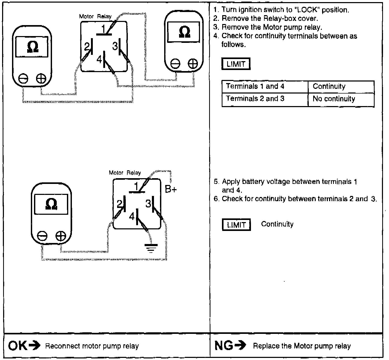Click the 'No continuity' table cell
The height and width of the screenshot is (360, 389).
pyautogui.click(x=334, y=99)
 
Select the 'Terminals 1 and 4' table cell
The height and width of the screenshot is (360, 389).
pyautogui.click(x=255, y=86)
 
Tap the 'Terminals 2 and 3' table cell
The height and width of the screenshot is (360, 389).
pyautogui.click(x=255, y=99)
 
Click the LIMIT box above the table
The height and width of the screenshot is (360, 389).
pyautogui.click(x=236, y=64)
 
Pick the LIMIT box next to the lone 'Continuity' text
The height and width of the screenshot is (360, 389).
pyautogui.click(x=236, y=225)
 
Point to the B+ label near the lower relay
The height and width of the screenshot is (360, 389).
pyautogui.click(x=171, y=189)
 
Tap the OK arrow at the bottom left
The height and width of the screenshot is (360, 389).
pyautogui.click(x=34, y=346)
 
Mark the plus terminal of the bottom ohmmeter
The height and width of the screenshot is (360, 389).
pyautogui.click(x=61, y=236)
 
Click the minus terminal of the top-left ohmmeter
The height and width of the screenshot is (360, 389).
pyautogui.click(x=24, y=78)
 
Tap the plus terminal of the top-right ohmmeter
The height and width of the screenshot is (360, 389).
pyautogui.click(x=193, y=64)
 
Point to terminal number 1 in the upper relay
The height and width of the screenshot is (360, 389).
pyautogui.click(x=103, y=29)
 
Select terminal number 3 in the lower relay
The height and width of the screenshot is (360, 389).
pyautogui.click(x=148, y=204)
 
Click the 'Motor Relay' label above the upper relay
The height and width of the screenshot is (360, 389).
pyautogui.click(x=95, y=16)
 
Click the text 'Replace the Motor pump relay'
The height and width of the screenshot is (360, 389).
pyautogui.click(x=302, y=346)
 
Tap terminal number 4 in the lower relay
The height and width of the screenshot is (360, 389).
pyautogui.click(x=132, y=216)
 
